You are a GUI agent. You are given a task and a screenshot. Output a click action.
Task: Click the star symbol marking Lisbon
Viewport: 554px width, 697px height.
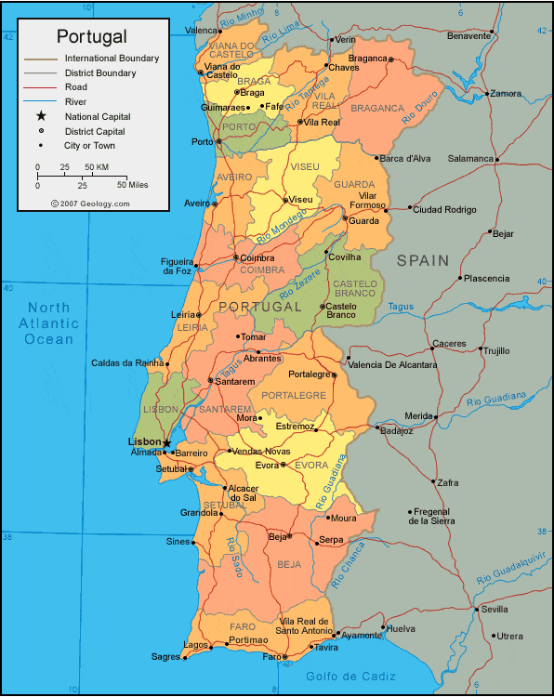[x=167, y=442]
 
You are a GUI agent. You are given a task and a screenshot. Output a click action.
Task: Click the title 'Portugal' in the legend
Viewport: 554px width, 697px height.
[x=91, y=36]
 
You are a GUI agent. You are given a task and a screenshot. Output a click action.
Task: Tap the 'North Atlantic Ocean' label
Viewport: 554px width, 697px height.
[x=49, y=323]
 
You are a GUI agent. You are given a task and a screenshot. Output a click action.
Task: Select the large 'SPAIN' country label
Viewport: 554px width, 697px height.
[x=423, y=261]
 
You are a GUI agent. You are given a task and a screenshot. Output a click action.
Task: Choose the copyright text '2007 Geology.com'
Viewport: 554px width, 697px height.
[x=90, y=203]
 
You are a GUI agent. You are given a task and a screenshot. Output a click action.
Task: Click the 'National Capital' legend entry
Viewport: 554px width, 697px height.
[x=98, y=116]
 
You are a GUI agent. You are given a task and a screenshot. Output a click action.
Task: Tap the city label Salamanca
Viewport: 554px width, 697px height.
[x=469, y=158]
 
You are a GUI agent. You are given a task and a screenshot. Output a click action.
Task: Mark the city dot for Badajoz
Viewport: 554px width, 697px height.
[x=377, y=427]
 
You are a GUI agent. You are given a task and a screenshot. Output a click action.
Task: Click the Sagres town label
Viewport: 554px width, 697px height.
[x=165, y=657]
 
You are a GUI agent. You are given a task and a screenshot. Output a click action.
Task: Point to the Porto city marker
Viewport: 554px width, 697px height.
[x=218, y=141]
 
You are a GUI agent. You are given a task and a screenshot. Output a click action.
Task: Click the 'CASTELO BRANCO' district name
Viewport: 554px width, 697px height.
[x=355, y=288]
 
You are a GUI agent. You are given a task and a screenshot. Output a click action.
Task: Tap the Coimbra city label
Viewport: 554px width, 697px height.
[x=255, y=257]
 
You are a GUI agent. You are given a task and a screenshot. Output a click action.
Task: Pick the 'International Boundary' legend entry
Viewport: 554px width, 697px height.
[x=112, y=58]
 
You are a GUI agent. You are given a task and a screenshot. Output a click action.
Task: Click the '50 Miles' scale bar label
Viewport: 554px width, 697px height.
[x=134, y=185]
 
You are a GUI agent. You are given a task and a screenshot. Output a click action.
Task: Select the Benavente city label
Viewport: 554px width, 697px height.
[x=468, y=35]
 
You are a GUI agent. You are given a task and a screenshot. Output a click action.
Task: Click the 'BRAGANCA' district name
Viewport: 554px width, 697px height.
[x=377, y=108]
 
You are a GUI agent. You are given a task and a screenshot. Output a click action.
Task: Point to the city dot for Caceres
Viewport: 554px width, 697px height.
[x=432, y=349]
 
